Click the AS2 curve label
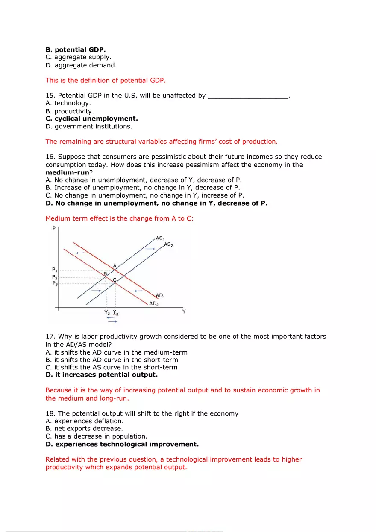click(168, 244)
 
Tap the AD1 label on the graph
click(160, 295)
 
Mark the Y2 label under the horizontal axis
click(107, 312)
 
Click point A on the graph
click(115, 266)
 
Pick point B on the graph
click(105, 274)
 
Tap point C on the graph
click(115, 280)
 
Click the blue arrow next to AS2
click(150, 248)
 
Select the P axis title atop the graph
click(54, 229)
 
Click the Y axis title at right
click(184, 312)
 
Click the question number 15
click(50, 96)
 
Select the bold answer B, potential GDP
click(75, 49)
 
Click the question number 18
click(50, 413)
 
